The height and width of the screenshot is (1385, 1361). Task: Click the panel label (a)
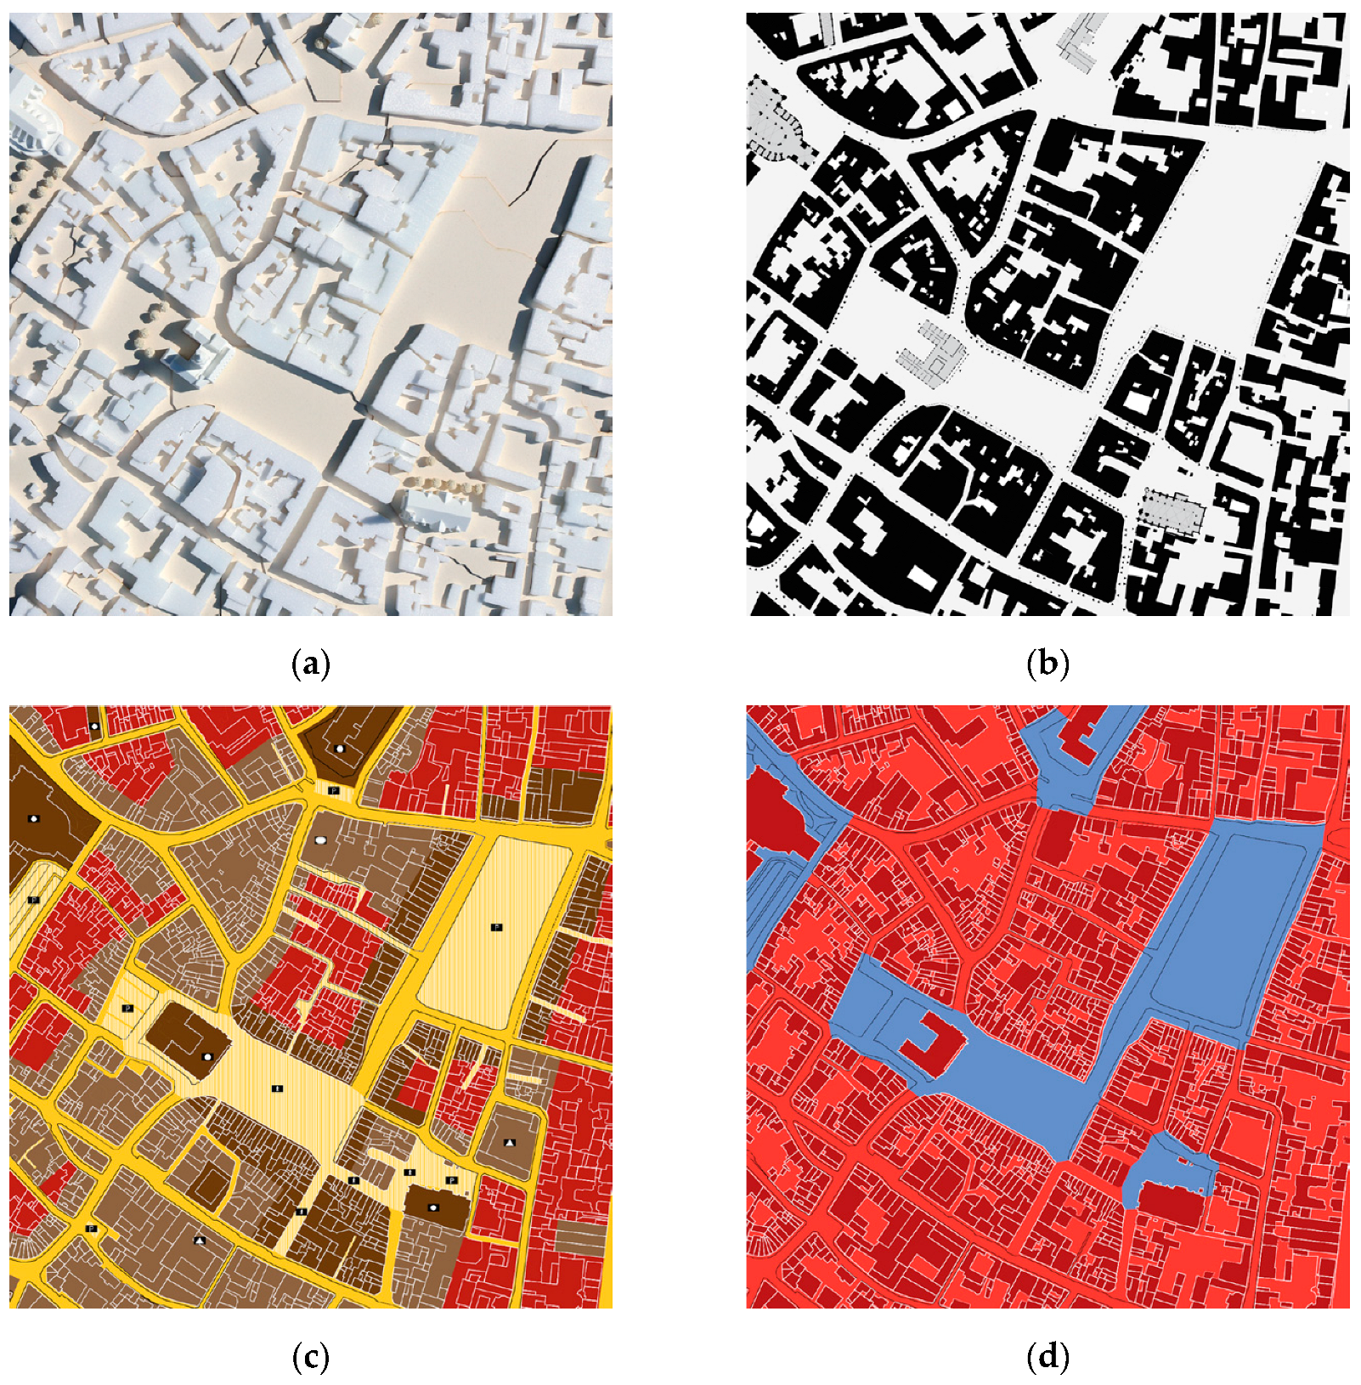pyautogui.click(x=310, y=664)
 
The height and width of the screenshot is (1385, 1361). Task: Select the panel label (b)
pyautogui.click(x=1048, y=664)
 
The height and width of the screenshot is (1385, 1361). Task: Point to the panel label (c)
pyautogui.click(x=310, y=1358)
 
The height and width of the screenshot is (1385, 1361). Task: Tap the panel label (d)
pyautogui.click(x=1048, y=1358)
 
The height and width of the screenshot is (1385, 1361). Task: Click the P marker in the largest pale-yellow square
pyautogui.click(x=497, y=926)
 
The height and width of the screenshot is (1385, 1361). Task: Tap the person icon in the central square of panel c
pyautogui.click(x=277, y=1088)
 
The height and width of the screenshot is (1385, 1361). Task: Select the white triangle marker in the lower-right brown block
pyautogui.click(x=510, y=1143)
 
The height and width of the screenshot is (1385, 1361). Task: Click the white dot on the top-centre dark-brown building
pyautogui.click(x=340, y=749)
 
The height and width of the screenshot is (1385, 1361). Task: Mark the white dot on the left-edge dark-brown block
pyautogui.click(x=34, y=818)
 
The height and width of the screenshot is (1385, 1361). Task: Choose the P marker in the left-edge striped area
pyautogui.click(x=34, y=899)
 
